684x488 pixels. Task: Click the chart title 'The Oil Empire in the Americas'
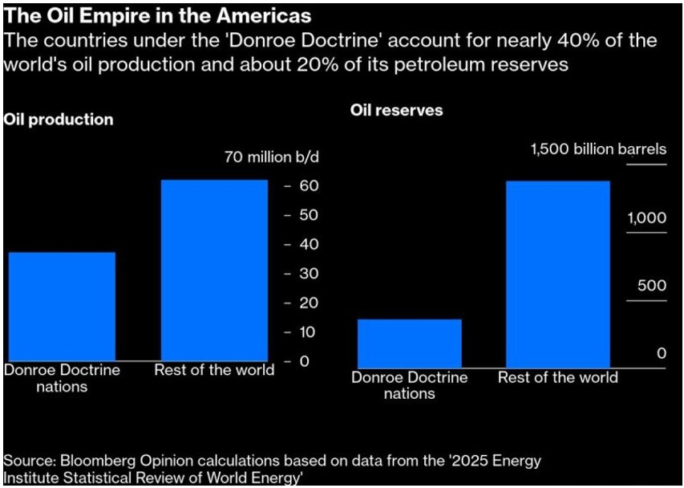(x=158, y=15)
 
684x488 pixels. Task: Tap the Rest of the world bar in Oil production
(x=214, y=270)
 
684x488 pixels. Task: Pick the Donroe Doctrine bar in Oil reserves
(x=409, y=344)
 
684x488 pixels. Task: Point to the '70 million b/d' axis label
(x=271, y=157)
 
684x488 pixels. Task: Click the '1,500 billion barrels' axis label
(x=597, y=149)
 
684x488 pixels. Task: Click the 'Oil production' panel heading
(x=59, y=120)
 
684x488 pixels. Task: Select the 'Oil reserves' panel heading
(x=396, y=110)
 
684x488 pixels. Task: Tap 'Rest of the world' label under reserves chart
(x=557, y=377)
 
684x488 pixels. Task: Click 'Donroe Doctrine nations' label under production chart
(x=62, y=378)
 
